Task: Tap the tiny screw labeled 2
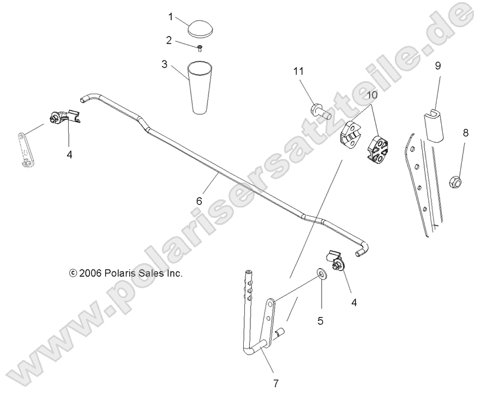pyautogui.click(x=200, y=49)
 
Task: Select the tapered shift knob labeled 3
pyautogui.click(x=201, y=87)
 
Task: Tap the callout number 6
pyautogui.click(x=199, y=201)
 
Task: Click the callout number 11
pyautogui.click(x=313, y=72)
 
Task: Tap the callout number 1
pyautogui.click(x=171, y=17)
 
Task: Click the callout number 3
pyautogui.click(x=164, y=63)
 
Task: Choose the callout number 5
pyautogui.click(x=320, y=321)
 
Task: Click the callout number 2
pyautogui.click(x=169, y=40)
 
